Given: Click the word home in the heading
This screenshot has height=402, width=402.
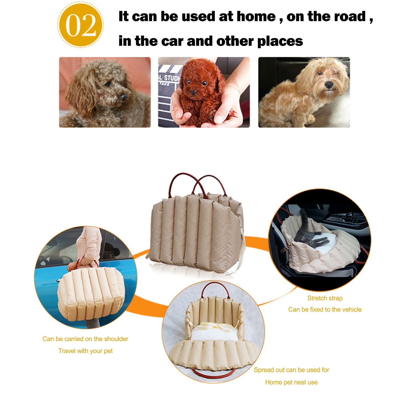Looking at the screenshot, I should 256,17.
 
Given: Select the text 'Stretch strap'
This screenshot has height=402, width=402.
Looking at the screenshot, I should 325,298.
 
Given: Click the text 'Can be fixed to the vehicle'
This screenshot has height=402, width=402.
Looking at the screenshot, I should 325,309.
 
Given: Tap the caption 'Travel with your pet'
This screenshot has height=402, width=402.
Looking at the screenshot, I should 85,351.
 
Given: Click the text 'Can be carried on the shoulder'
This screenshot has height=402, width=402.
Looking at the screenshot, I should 85,339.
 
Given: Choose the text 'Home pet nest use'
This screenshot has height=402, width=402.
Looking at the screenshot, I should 291,382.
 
